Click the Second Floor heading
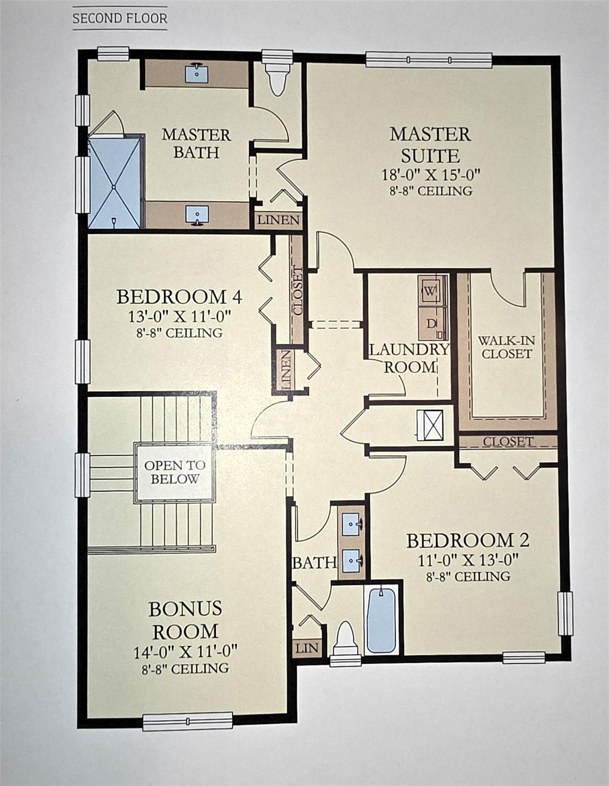120,18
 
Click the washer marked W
431,291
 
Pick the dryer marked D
431,323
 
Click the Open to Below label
174,472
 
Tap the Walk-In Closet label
506,347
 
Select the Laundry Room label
409,358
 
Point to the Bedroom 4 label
179,297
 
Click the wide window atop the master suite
428,60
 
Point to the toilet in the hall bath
346,641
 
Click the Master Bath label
196,143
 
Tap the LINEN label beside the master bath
278,220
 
